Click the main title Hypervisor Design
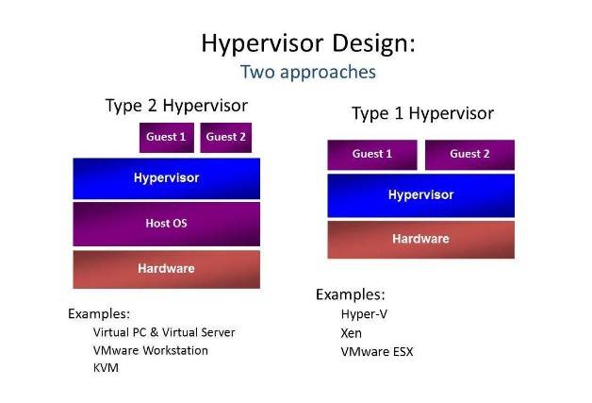(308, 44)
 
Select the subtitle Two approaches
(308, 72)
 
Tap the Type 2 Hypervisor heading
(176, 106)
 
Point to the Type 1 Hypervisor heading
(423, 114)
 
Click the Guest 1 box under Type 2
(167, 138)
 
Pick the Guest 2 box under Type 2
(226, 138)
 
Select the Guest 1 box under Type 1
(372, 155)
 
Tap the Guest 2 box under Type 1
(469, 155)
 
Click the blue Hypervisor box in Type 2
(167, 178)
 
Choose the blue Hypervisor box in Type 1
(421, 195)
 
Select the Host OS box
(167, 224)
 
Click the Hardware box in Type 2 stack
(167, 269)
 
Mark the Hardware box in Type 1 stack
(421, 240)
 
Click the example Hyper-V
(364, 314)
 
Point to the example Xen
(351, 333)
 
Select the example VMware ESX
(377, 352)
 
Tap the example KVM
(106, 367)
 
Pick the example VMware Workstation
(150, 350)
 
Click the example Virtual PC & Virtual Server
(164, 332)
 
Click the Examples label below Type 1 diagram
(351, 294)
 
